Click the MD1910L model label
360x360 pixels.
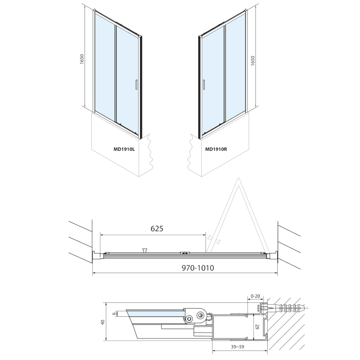point(124,149)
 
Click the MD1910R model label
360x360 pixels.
point(216,149)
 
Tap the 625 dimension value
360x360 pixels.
point(157,229)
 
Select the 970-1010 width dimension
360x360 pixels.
point(198,268)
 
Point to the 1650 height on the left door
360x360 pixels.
point(82,59)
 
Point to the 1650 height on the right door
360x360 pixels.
point(253,61)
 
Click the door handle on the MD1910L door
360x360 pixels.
point(136,84)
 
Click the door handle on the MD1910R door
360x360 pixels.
point(203,84)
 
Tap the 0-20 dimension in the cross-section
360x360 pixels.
point(256,296)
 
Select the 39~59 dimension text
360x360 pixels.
point(238,347)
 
